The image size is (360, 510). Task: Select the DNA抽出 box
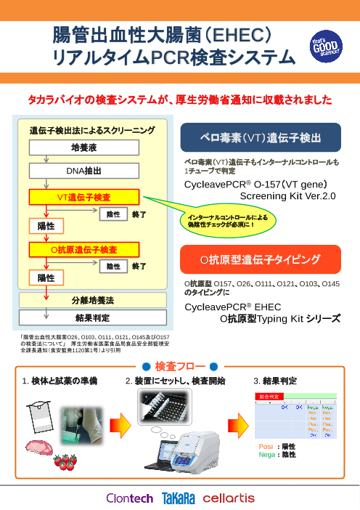83,171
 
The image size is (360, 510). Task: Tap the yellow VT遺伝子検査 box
83,197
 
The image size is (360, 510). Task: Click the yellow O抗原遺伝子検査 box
83,249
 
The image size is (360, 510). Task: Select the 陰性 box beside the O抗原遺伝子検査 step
113,267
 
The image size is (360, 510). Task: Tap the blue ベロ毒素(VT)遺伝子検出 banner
260,136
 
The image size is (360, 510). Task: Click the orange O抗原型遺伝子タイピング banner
260,258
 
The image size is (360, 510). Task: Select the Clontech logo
129,498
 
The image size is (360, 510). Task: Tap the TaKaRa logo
179,498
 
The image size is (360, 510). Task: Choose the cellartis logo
229,498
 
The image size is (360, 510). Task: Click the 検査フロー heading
180,365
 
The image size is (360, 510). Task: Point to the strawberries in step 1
66,459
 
